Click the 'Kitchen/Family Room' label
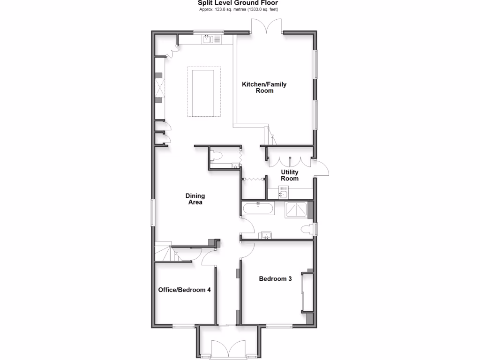(264, 88)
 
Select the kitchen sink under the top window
(208, 40)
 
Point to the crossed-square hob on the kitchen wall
(160, 87)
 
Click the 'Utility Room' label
(289, 175)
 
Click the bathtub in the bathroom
(258, 208)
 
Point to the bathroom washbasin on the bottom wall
(267, 235)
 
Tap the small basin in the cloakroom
(235, 165)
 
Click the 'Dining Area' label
(195, 199)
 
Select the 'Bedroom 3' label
(276, 279)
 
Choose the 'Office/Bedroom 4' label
(184, 290)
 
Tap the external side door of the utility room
(322, 168)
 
